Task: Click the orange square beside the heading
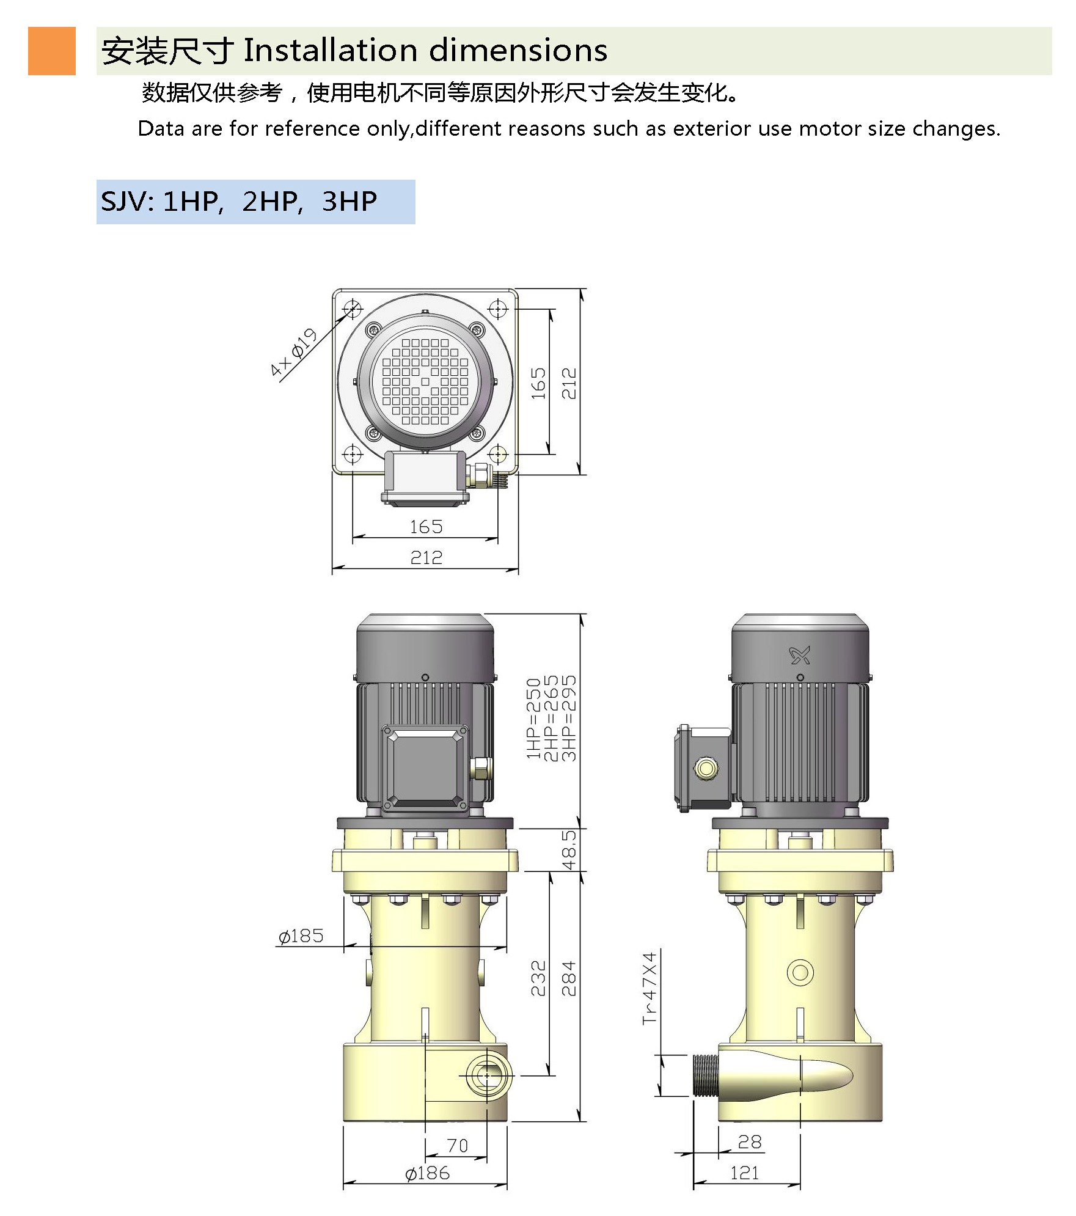click(52, 51)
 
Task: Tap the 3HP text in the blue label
click(350, 202)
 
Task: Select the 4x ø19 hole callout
click(294, 352)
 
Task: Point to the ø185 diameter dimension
click(301, 936)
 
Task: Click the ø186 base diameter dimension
click(427, 1173)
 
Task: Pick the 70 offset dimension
click(457, 1145)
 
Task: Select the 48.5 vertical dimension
click(569, 850)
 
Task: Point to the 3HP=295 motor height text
click(569, 718)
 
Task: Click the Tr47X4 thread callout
click(650, 988)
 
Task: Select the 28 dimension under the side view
click(750, 1142)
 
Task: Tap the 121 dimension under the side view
click(744, 1173)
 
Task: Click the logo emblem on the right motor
click(800, 656)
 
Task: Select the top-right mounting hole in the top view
click(499, 309)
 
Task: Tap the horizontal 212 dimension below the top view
click(426, 557)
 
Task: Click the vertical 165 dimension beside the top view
click(538, 383)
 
